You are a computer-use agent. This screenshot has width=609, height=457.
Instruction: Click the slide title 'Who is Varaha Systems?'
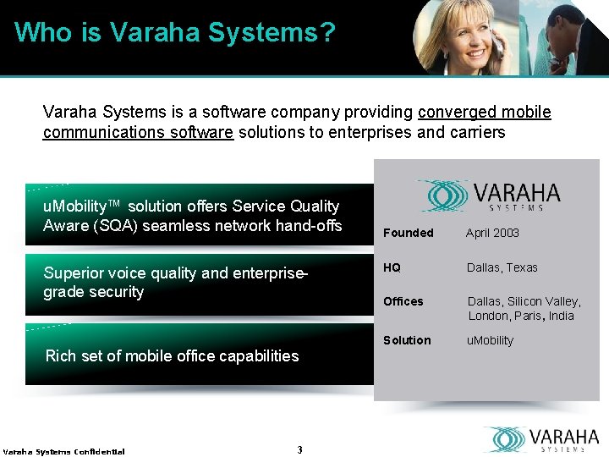pos(175,33)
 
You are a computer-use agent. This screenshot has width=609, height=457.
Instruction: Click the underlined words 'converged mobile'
pos(485,113)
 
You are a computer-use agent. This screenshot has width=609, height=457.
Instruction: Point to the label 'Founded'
pos(408,233)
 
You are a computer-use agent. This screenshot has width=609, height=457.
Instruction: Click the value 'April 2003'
pos(493,233)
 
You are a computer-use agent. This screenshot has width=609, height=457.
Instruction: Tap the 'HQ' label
pos(392,267)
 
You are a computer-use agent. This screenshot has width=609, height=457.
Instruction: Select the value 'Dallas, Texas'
pos(502,267)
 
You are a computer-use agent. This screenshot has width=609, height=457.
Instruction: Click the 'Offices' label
pos(403,301)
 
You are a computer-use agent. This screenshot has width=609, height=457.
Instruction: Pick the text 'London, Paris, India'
pos(521,316)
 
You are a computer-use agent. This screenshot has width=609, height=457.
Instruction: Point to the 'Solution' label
pos(407,340)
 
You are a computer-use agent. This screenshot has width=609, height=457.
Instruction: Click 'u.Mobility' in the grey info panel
pos(490,340)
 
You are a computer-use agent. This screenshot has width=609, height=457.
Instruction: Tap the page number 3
pos(299,449)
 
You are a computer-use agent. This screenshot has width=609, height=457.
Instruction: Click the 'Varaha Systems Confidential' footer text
pos(63,451)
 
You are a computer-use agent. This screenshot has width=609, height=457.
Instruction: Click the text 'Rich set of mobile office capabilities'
pos(172,356)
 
